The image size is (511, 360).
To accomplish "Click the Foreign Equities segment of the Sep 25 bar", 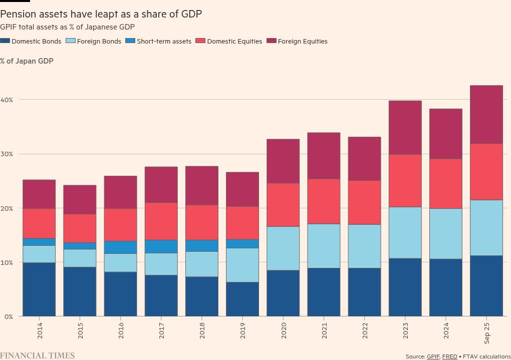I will tap(486, 115).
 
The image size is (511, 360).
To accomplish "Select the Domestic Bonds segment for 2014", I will tap(39, 289).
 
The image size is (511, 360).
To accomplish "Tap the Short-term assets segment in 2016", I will tap(120, 247).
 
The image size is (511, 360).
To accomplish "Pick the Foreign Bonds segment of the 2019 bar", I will tap(242, 265).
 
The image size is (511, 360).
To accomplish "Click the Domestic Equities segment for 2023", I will tap(405, 181).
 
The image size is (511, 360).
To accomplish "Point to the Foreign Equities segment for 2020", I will tap(283, 161).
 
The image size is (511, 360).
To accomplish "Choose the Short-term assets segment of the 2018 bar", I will tap(201, 246).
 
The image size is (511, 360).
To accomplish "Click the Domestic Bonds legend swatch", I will tap(5, 41).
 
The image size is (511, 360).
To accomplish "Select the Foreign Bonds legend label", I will tap(99, 41).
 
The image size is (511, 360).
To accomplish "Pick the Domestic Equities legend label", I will tap(234, 41).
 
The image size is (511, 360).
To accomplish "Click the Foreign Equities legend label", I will tap(303, 41).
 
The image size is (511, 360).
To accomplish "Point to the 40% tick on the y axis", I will tap(7, 100).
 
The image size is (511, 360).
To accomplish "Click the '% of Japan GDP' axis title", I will tap(27, 61).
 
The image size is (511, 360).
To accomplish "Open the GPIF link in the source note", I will tap(433, 356).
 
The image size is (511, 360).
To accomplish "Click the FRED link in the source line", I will tap(449, 356).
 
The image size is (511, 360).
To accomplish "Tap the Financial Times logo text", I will tap(38, 355).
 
